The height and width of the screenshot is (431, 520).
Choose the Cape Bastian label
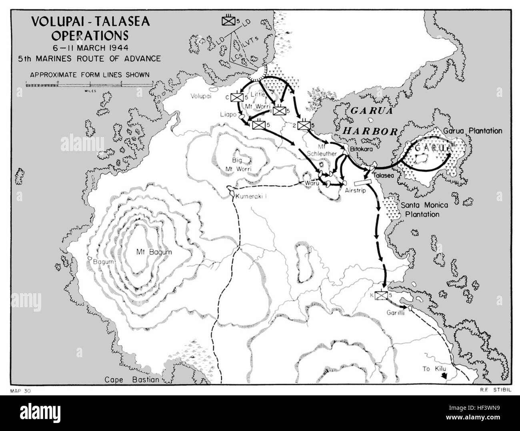click(132, 380)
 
